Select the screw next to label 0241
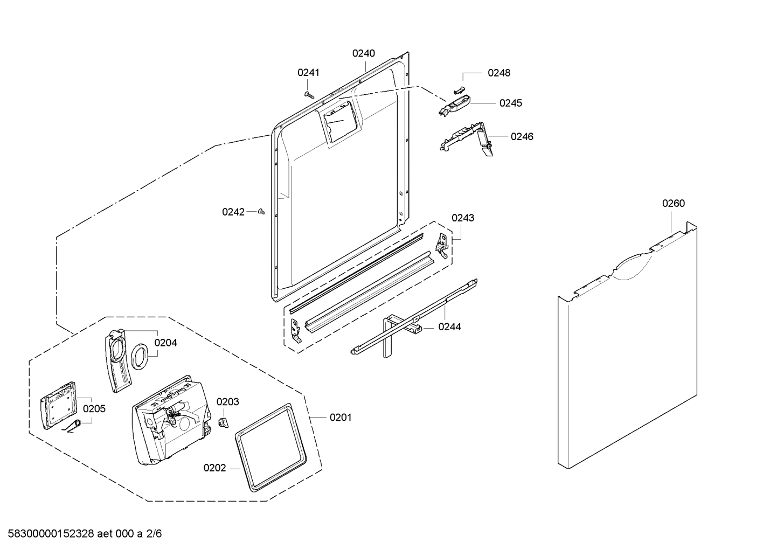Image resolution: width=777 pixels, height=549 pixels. pos(308,94)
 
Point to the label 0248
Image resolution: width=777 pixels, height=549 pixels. pos(498,73)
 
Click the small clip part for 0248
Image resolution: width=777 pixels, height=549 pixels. pos(458,88)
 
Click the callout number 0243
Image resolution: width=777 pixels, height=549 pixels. pos(462,218)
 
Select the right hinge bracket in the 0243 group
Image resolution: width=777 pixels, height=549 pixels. pos(442,244)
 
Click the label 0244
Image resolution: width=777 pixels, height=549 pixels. pos(449,326)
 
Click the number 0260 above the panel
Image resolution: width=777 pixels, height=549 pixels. pos(673,203)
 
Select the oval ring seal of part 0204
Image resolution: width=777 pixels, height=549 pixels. pos(140,356)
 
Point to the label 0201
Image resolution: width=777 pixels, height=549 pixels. pos(340,417)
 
